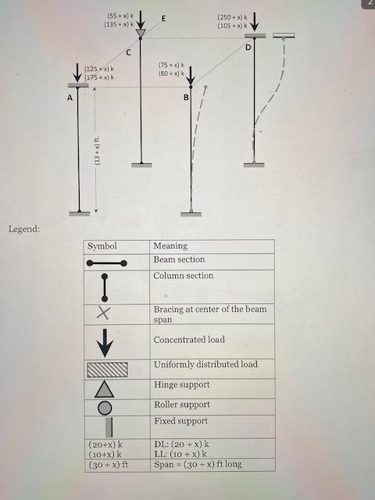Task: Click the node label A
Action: click(x=70, y=98)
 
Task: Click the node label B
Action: click(x=186, y=98)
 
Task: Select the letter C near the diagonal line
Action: click(x=128, y=52)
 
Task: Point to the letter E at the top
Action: click(x=162, y=18)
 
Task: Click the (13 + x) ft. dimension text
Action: click(x=97, y=149)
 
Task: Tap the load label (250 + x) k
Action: click(x=232, y=16)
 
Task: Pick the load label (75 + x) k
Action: click(x=171, y=65)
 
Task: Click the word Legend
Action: click(x=23, y=229)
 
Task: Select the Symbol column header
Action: click(x=102, y=246)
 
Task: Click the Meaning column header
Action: click(x=170, y=246)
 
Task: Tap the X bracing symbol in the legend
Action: click(x=104, y=313)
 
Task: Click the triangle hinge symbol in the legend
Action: click(x=105, y=388)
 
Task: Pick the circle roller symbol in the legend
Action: click(x=105, y=407)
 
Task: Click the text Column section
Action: click(x=184, y=276)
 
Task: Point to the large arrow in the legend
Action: click(x=105, y=341)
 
